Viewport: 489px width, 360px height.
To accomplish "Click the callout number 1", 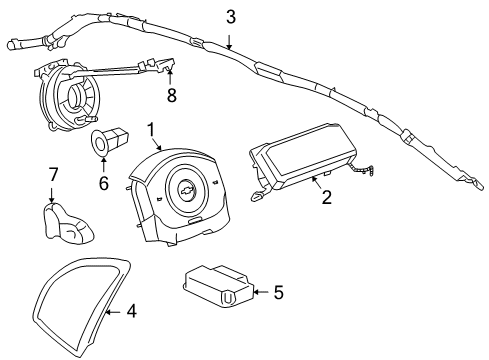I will [151, 129].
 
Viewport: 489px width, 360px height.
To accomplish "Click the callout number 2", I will [326, 198].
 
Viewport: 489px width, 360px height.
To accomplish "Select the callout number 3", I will [230, 16].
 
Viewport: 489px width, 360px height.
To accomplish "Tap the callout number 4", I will [131, 311].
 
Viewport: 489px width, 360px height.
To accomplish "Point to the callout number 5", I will [278, 292].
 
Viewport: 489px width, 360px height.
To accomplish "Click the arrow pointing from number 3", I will [230, 38].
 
